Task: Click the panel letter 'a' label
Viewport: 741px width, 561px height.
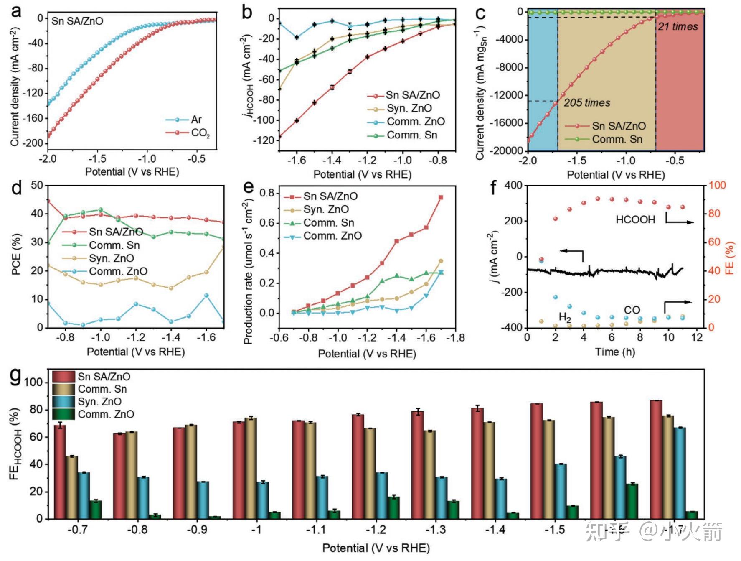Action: coord(16,12)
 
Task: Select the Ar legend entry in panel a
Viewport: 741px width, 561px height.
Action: coord(195,120)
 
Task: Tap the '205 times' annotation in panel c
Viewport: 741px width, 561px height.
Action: coord(587,103)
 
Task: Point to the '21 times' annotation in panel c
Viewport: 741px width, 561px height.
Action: coord(678,27)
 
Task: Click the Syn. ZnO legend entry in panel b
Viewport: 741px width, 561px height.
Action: coord(409,108)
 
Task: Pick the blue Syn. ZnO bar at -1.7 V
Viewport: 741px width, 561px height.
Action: coord(680,473)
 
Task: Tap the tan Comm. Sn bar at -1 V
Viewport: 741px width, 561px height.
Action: coord(251,468)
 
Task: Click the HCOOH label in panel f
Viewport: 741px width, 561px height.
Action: coord(635,220)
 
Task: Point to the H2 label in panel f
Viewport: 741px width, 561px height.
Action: coord(565,317)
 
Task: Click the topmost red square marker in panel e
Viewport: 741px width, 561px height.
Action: coord(441,197)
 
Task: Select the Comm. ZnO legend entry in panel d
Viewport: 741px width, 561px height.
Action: coord(118,272)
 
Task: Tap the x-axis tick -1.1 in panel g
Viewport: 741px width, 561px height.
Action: coord(316,530)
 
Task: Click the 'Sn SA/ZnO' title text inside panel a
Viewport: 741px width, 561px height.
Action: coord(77,21)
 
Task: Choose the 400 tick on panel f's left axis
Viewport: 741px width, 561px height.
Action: coord(513,185)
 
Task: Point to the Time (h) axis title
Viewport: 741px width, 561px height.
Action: coord(615,352)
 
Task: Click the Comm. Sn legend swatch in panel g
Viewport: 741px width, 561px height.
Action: coord(63,389)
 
